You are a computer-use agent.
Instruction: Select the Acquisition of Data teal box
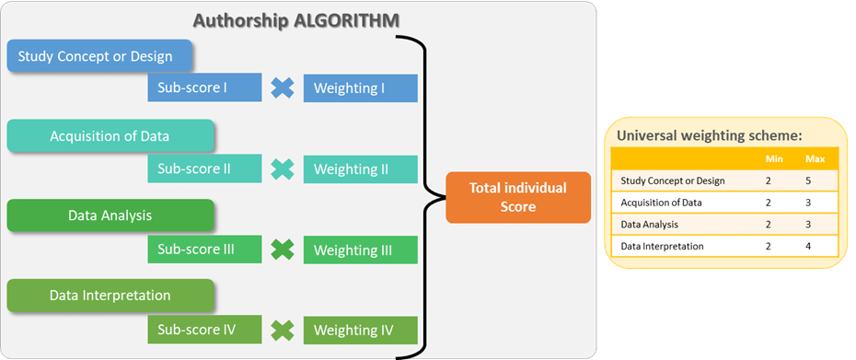(110, 137)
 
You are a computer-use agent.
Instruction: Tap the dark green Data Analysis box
(110, 216)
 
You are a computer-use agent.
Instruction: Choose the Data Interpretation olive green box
(110, 296)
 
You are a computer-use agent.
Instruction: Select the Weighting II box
(361, 169)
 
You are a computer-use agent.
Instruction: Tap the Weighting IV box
(361, 330)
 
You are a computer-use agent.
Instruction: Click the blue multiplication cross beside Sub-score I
(283, 88)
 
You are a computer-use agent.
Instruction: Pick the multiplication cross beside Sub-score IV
(283, 329)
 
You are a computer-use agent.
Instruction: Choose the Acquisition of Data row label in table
(661, 203)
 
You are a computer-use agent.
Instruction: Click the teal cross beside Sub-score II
(283, 169)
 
